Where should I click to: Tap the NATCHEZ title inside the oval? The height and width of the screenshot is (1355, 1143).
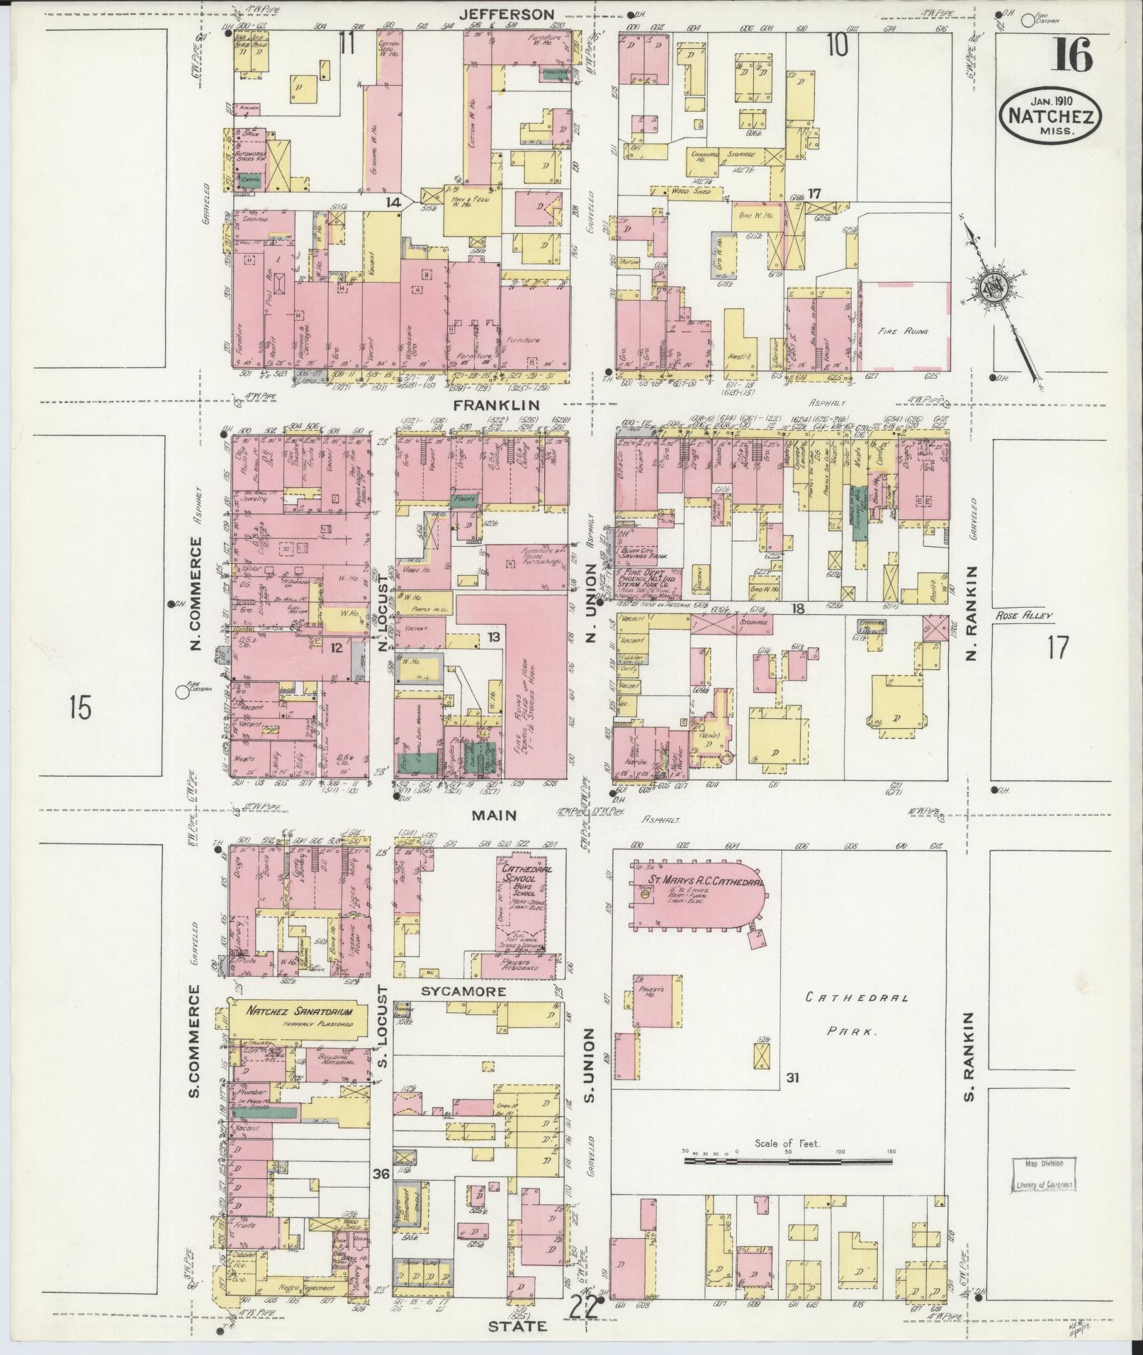coord(1049,116)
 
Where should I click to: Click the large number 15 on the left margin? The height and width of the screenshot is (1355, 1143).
coord(81,707)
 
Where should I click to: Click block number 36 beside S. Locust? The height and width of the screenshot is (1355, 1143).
coord(381,1174)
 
